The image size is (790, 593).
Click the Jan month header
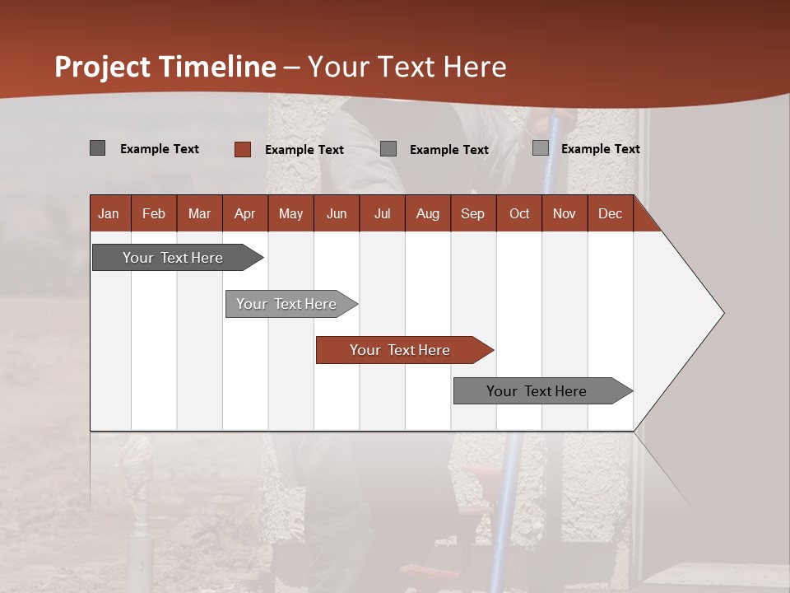coord(109,213)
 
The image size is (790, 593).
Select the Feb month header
coord(154,213)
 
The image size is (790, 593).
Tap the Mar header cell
coord(199,213)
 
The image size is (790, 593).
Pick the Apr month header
coord(245,213)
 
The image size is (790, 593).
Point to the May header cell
coord(290,213)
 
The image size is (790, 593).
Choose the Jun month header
coord(337,213)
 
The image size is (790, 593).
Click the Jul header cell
coord(382,213)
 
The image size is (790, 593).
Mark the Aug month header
coord(428,213)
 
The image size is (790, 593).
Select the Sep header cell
coord(473,213)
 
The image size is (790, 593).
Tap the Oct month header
coord(519,213)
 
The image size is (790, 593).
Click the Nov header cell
coord(565,213)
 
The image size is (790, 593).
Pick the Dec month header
coord(611,213)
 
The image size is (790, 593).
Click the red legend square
coord(242,149)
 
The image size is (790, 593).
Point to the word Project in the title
coord(103,67)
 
